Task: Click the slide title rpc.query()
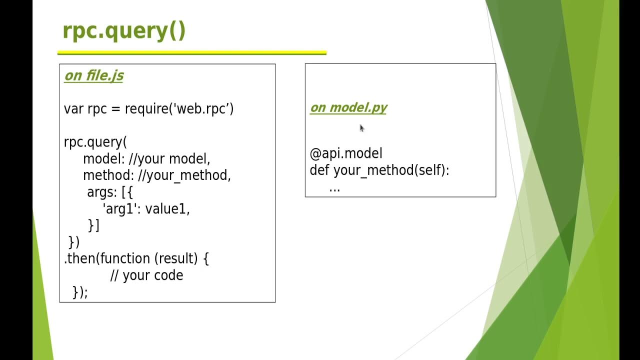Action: click(x=124, y=31)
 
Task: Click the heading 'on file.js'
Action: click(x=94, y=75)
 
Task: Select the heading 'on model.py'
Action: click(x=348, y=107)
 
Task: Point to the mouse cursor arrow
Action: click(x=361, y=128)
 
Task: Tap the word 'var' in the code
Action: click(x=74, y=108)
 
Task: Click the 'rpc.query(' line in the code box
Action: click(x=95, y=142)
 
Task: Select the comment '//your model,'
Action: click(x=169, y=159)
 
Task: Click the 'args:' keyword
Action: click(x=102, y=192)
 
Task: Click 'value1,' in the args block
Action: click(x=167, y=209)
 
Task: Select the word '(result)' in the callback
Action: click(x=176, y=258)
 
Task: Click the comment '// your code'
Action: click(x=146, y=275)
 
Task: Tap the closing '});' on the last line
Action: click(x=80, y=292)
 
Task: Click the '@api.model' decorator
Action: click(x=346, y=153)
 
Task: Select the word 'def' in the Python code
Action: click(x=319, y=170)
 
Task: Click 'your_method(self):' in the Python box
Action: click(x=391, y=170)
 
